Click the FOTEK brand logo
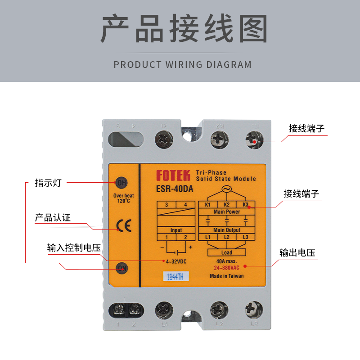(x=173, y=175)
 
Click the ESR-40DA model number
(x=175, y=189)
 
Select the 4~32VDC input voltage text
(x=175, y=261)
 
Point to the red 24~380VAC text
(x=226, y=267)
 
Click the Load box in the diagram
(x=226, y=252)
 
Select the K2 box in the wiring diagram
(x=226, y=205)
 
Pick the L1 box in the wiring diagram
(x=207, y=237)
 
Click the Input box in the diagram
(x=176, y=230)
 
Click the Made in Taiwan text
(x=226, y=276)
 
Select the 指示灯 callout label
(x=48, y=183)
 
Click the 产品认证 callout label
(x=53, y=218)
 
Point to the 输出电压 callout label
(x=297, y=252)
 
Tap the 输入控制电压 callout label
(x=73, y=248)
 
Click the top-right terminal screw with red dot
(x=254, y=140)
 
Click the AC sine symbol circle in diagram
(x=226, y=189)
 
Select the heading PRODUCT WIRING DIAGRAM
(x=183, y=64)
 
